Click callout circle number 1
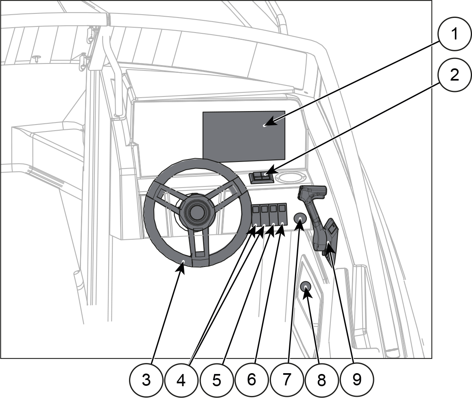click(455, 34)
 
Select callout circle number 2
click(455, 74)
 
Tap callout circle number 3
click(146, 380)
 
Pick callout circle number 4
click(181, 381)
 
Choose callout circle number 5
click(216, 380)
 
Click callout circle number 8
click(321, 380)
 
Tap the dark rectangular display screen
click(244, 136)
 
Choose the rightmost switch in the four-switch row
click(282, 214)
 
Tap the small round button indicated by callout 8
click(305, 286)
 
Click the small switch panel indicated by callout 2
click(261, 177)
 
